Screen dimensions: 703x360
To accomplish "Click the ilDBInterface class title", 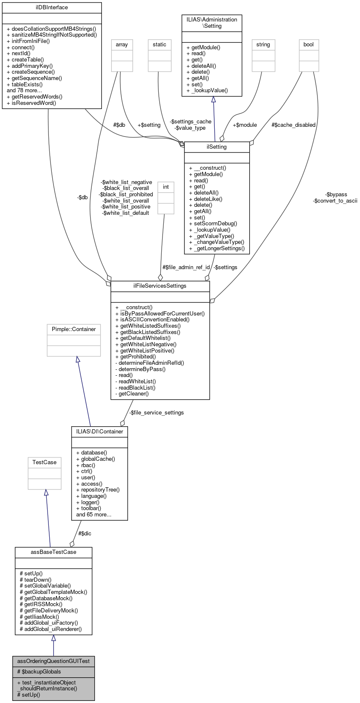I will (x=52, y=8).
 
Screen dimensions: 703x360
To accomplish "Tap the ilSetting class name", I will (x=217, y=147).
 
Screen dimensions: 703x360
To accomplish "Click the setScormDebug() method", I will (x=213, y=224).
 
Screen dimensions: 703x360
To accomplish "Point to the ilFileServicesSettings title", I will (x=160, y=286).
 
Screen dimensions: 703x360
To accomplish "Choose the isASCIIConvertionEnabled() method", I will (x=152, y=319).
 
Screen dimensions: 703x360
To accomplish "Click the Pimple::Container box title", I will (x=74, y=329).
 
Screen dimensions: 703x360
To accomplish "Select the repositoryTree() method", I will (x=98, y=490).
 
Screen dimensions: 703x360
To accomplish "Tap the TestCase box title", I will (x=45, y=462).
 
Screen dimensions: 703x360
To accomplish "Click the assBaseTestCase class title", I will (x=53, y=552).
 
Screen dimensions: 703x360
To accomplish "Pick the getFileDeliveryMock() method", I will (x=49, y=610).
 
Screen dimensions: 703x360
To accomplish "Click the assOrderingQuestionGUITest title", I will (x=53, y=661).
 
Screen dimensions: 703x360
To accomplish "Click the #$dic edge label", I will (x=85, y=534).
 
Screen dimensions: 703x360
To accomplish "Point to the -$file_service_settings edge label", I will (x=156, y=413).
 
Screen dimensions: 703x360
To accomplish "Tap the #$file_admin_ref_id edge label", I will (x=186, y=267).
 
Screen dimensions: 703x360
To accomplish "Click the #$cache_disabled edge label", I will (x=293, y=125).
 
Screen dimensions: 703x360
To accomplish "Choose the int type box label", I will (x=166, y=187).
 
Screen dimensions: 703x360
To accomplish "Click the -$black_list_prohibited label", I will (x=126, y=195).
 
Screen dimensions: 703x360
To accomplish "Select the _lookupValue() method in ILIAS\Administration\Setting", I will (x=207, y=91).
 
